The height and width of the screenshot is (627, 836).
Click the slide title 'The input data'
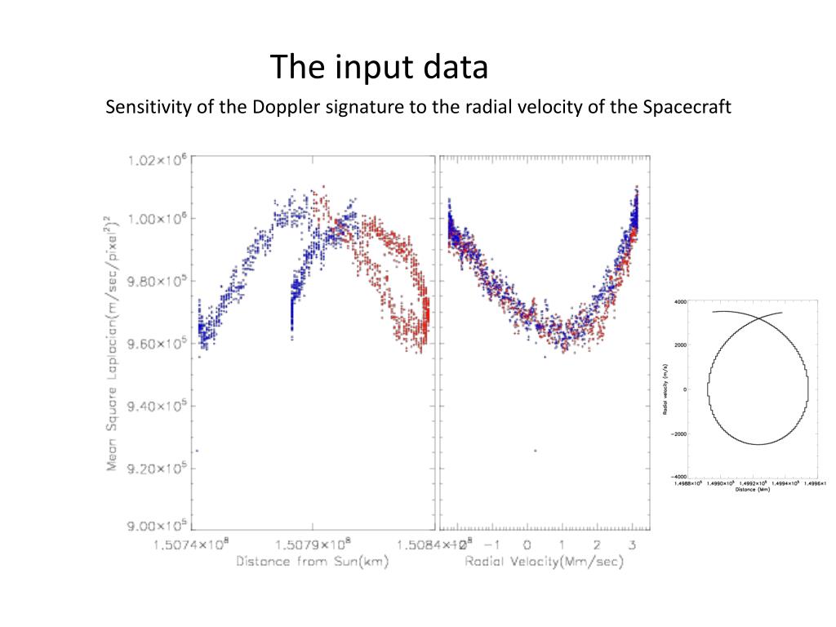(x=379, y=67)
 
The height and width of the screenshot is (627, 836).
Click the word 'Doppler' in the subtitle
(x=361, y=108)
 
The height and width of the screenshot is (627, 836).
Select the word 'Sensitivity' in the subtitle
(x=149, y=108)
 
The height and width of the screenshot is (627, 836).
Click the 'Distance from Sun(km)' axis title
(x=312, y=562)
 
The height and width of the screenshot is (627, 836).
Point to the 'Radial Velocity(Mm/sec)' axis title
(x=545, y=562)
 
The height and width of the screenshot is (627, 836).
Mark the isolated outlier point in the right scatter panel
(x=536, y=450)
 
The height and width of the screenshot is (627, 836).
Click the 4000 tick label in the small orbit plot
(x=679, y=302)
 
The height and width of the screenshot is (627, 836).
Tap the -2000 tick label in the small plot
(x=678, y=434)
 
